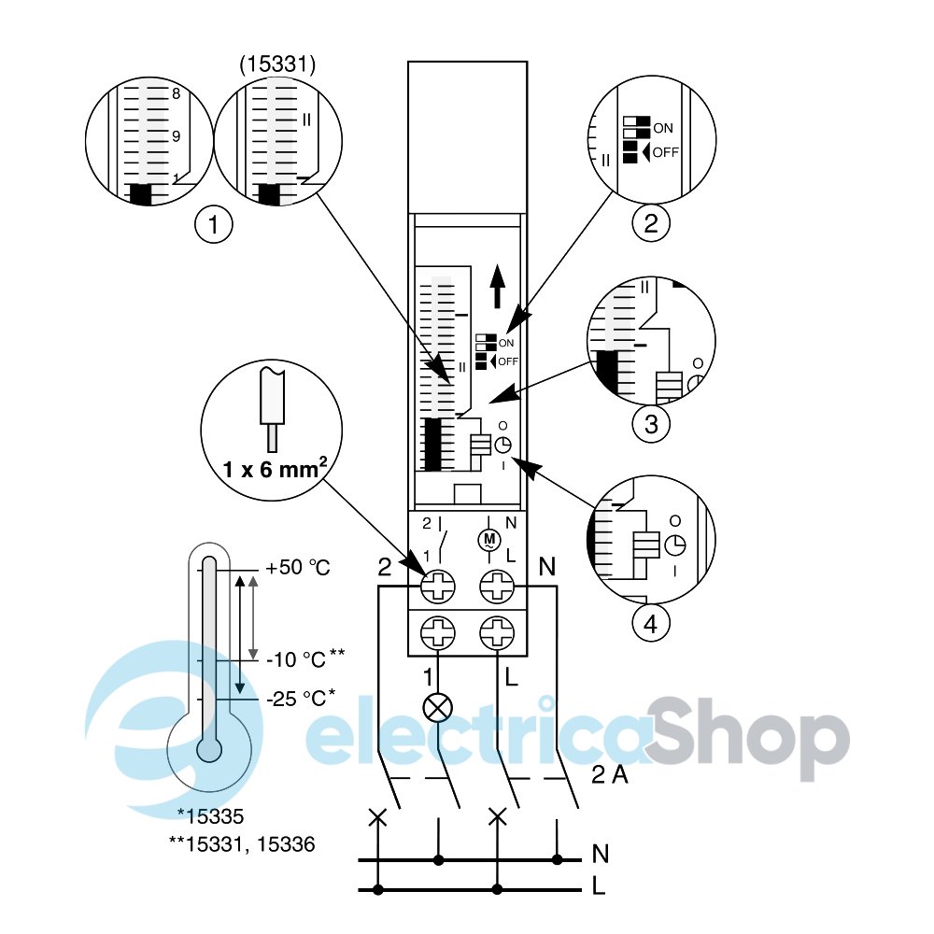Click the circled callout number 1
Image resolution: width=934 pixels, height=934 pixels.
tap(214, 226)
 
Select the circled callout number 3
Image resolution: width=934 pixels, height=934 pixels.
tap(651, 424)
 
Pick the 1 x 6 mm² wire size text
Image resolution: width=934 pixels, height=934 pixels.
tap(275, 469)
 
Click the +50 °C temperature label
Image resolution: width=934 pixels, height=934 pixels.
tap(298, 568)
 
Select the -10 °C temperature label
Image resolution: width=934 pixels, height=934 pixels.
tap(297, 660)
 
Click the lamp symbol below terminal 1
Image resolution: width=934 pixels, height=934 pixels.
tap(437, 707)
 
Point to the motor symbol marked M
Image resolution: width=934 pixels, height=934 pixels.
tap(489, 538)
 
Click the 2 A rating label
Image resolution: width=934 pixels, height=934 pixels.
tap(611, 774)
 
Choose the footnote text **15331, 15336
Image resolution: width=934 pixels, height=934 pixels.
tap(241, 844)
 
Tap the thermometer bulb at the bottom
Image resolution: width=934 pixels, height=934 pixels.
tap(209, 748)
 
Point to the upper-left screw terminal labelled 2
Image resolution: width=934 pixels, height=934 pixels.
tap(437, 587)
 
